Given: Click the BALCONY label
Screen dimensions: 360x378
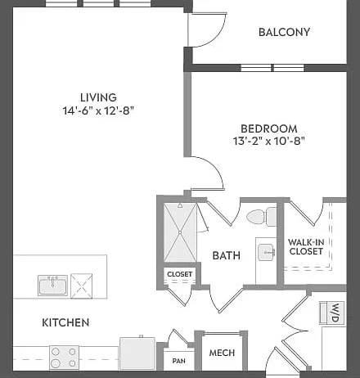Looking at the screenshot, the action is click(x=284, y=32).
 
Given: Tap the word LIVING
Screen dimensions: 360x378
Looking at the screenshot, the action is click(x=98, y=97).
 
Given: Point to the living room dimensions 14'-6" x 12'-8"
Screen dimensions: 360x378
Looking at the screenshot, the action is click(x=98, y=110).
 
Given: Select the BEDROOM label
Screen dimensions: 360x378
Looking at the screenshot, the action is click(x=269, y=128).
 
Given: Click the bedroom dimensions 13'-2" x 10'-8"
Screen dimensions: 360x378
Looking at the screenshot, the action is click(x=268, y=141).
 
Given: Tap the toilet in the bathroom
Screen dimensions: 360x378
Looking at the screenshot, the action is click(x=262, y=217).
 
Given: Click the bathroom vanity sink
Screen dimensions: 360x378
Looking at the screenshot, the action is click(x=266, y=252).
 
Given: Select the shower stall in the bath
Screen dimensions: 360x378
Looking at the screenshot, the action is click(x=180, y=232).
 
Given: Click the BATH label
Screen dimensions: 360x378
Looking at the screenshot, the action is click(x=227, y=255).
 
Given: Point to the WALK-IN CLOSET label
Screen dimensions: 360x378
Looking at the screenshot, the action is click(x=306, y=246).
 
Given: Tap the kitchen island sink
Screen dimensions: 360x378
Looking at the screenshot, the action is click(x=53, y=286).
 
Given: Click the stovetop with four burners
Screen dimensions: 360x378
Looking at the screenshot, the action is click(x=64, y=358).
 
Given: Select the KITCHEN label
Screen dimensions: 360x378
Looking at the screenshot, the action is click(x=65, y=322).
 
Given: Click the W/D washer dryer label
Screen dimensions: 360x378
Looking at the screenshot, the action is click(x=335, y=313).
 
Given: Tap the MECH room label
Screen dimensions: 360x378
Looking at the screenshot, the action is click(x=222, y=353).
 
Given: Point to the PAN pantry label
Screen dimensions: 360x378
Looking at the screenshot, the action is click(x=179, y=361).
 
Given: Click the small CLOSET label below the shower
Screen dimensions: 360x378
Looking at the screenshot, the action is click(x=180, y=274).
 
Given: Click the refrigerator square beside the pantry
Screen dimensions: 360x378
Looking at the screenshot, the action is click(x=137, y=353).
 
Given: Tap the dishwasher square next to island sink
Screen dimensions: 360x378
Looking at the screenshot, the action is click(x=82, y=286).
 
